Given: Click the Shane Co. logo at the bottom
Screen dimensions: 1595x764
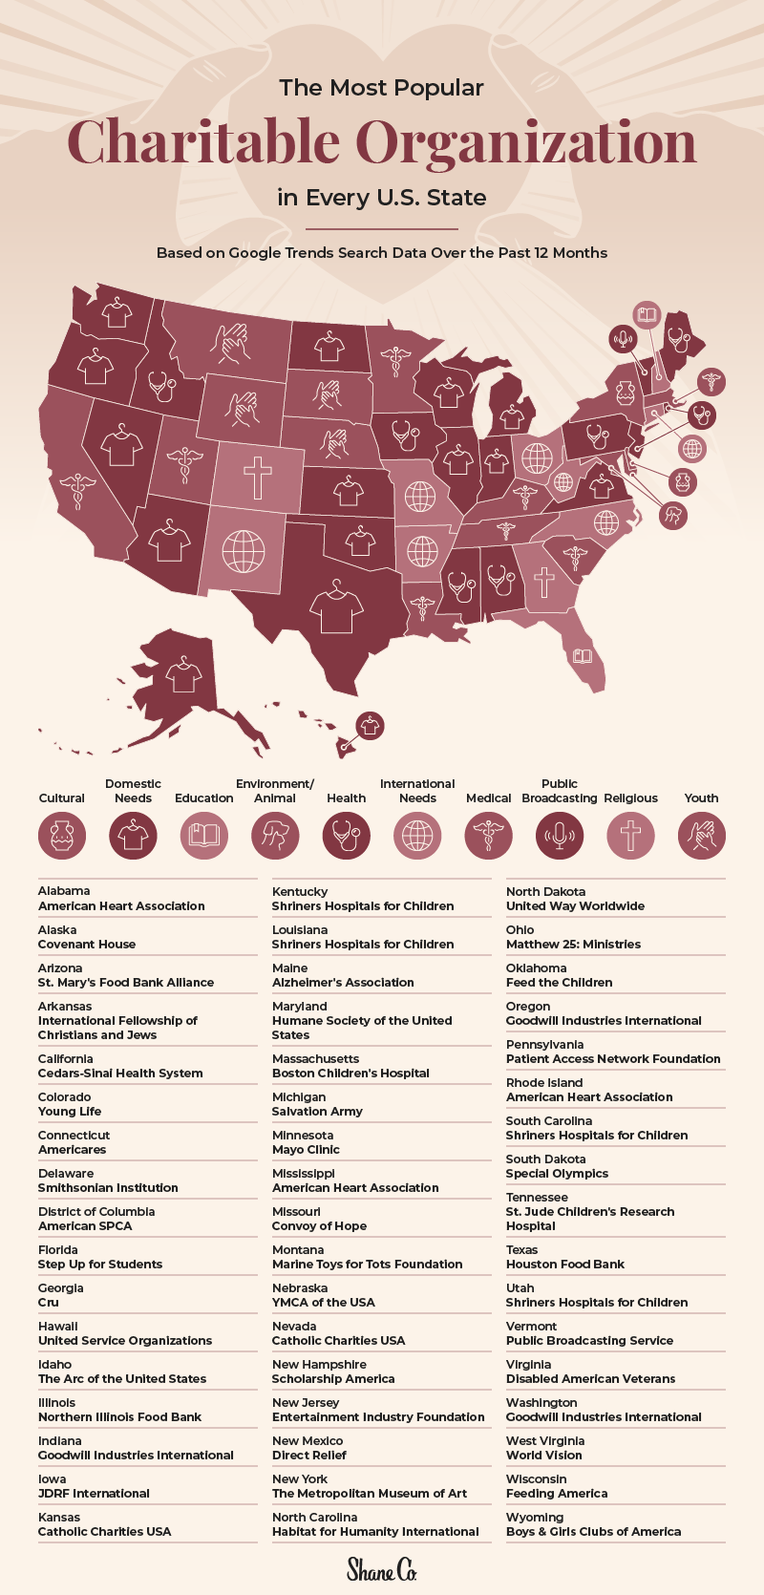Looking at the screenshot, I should [381, 1568].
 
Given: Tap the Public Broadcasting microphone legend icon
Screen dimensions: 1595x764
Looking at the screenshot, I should [560, 836].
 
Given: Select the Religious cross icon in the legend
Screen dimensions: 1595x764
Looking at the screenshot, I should [630, 836].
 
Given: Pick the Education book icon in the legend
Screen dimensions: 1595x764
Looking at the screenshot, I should [204, 836].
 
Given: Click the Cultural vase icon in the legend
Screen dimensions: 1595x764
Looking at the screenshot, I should [62, 836].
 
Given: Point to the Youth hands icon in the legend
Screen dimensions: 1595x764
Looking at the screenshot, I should [701, 836].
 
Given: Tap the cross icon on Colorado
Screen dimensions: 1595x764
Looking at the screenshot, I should [257, 476].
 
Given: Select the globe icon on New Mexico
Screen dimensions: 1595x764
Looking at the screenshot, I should [244, 551].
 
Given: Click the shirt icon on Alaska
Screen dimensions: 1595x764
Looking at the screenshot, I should [183, 675].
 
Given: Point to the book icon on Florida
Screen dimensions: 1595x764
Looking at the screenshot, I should [582, 656].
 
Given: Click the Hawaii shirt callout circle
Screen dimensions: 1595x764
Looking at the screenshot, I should [370, 725].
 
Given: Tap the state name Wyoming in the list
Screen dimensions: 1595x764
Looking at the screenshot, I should [535, 1517].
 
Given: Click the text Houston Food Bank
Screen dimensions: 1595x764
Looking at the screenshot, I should [565, 1264].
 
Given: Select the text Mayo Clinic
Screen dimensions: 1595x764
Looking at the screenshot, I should [306, 1149].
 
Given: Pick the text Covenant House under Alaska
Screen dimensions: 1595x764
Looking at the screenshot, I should [87, 944].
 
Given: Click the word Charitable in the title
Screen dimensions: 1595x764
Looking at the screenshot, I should [203, 142].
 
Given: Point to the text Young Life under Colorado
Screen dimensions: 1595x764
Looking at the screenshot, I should [70, 1111].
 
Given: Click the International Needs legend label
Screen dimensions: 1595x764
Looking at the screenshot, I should [417, 791].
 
